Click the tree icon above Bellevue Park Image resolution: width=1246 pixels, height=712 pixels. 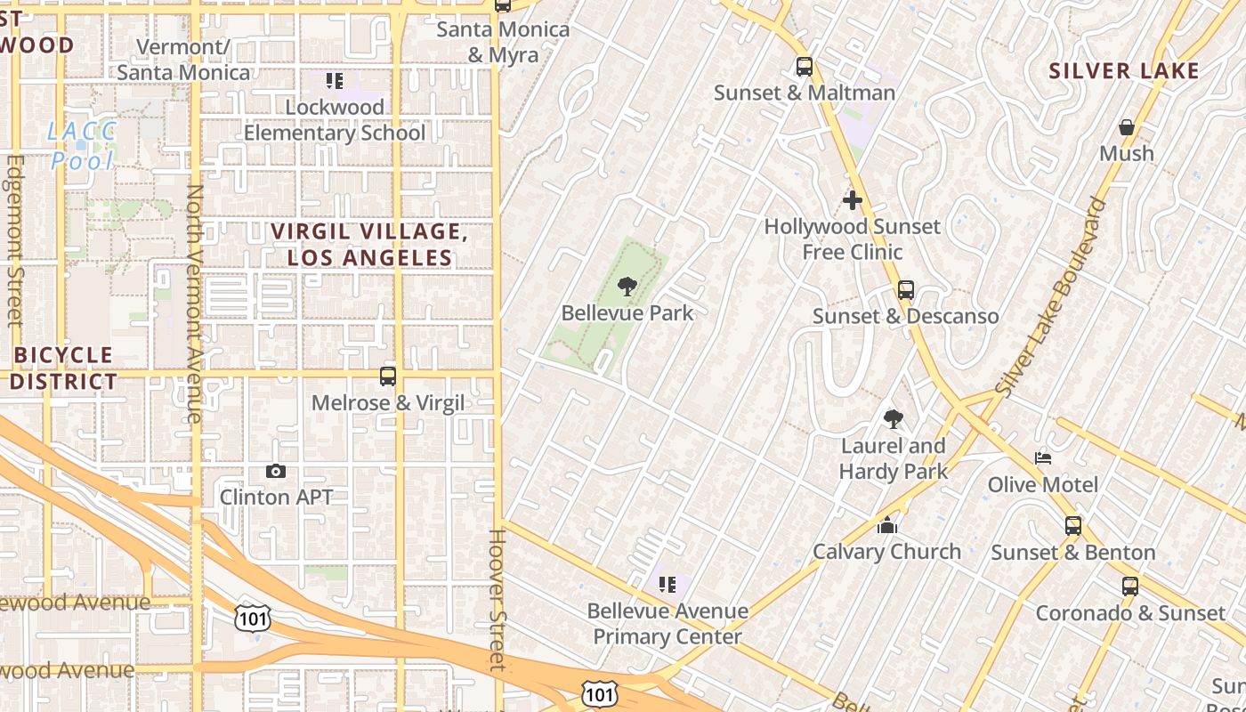627,286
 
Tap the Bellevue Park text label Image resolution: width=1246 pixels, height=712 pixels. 627,313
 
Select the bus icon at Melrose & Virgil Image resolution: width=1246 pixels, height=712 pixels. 388,376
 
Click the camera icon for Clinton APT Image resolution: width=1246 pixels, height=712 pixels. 276,471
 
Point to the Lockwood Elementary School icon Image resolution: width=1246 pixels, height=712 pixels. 335,82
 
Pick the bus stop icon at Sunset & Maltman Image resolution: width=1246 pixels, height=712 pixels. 804,67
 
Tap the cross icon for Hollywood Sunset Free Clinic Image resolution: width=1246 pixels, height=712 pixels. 853,200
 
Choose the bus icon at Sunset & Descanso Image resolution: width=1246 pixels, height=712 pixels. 905,290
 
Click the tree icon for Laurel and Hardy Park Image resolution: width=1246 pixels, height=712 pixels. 893,419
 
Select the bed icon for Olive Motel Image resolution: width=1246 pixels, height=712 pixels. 1043,458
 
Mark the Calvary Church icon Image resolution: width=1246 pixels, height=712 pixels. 886,525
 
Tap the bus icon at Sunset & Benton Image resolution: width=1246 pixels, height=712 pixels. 1073,526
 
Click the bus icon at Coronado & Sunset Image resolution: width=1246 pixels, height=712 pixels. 1129,587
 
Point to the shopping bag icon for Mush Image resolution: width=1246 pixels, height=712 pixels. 1127,127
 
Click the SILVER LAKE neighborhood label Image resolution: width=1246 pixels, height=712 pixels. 1124,71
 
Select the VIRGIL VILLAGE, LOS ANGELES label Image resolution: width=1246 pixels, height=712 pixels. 369,245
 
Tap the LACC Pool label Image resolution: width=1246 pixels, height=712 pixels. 82,146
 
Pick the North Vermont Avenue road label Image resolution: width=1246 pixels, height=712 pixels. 195,303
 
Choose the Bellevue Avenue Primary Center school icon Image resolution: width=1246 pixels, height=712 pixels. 667,585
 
